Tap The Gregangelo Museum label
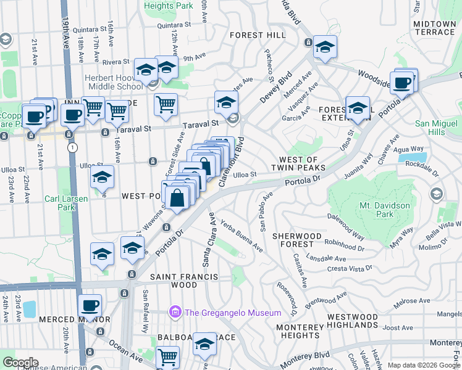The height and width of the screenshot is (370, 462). [x=233, y=313]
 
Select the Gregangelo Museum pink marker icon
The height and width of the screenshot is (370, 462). [x=175, y=313]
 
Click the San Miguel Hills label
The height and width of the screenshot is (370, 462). [x=439, y=128]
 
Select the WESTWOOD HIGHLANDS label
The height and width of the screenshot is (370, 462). [x=353, y=321]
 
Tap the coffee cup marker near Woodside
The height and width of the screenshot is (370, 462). [x=403, y=83]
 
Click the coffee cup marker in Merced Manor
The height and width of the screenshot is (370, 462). [x=90, y=306]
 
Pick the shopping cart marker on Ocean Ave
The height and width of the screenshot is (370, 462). [x=168, y=357]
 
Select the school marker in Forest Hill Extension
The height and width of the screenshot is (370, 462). [x=358, y=108]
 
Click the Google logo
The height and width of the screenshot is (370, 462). [x=20, y=363]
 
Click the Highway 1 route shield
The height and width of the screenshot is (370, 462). [x=73, y=148]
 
